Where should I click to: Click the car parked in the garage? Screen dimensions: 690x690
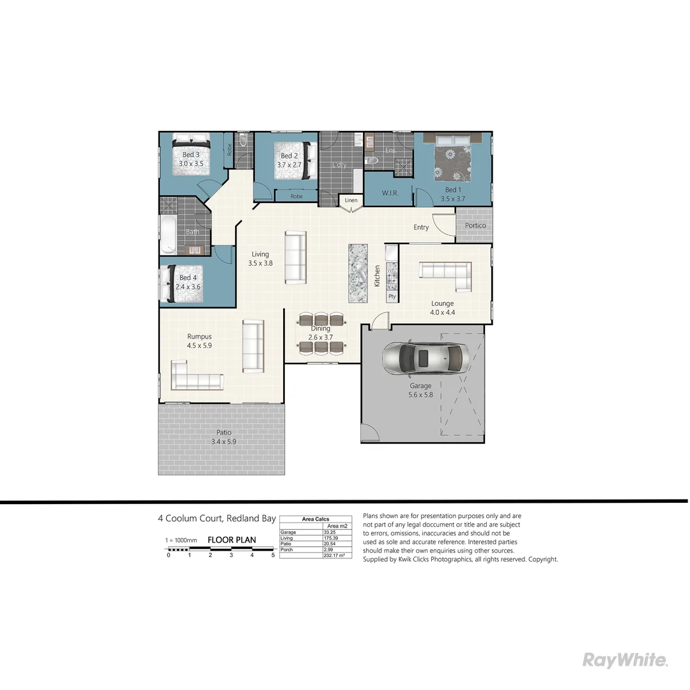[425, 360]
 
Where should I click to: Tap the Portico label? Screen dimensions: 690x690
[475, 226]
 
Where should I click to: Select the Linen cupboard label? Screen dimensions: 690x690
[351, 201]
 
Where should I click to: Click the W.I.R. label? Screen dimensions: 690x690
[390, 192]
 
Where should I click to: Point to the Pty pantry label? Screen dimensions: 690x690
[392, 297]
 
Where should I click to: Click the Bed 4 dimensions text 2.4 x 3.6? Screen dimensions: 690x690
[188, 287]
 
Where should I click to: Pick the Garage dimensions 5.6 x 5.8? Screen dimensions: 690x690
[420, 395]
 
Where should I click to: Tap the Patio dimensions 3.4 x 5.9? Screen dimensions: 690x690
[224, 441]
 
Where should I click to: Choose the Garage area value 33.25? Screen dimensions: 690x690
[330, 532]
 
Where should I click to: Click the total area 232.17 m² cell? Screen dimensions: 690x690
[335, 556]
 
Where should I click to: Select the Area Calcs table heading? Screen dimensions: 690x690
[316, 519]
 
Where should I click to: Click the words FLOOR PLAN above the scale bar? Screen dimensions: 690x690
[231, 540]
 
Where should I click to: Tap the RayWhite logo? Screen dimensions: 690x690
[625, 660]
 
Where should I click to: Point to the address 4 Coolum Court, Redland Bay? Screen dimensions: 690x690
[217, 519]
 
